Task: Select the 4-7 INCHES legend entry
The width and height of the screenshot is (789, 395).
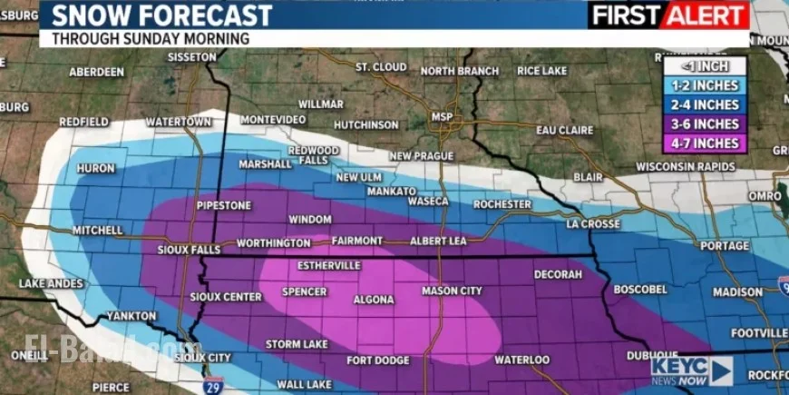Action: pos(704,143)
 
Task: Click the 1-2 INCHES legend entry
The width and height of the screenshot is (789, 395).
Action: pos(704,85)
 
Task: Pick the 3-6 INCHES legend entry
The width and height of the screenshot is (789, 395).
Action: pos(704,123)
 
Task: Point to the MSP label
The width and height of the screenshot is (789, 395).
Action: pos(442,117)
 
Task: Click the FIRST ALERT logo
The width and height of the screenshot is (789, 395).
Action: pos(669,15)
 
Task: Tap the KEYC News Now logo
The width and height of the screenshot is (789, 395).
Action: pos(691,370)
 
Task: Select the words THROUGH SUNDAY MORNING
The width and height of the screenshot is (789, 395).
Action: pos(150,38)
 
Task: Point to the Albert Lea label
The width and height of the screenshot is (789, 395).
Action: pos(439,242)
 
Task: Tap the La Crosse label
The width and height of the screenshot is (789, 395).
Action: pos(593,223)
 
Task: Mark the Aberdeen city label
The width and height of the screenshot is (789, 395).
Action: pos(96,72)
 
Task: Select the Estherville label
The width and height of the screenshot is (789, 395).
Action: pos(329,265)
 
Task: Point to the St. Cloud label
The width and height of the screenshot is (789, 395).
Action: pos(381,67)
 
